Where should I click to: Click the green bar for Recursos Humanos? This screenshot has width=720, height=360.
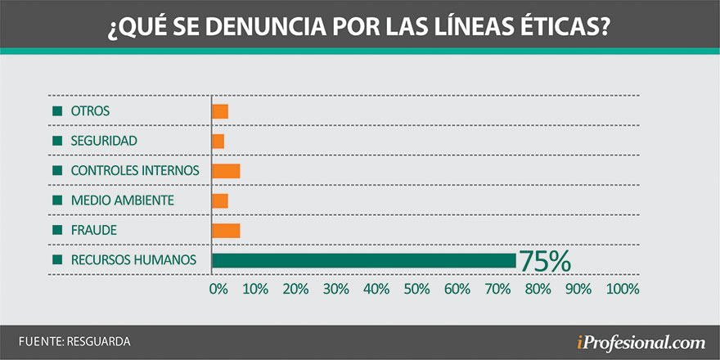pos(364,260)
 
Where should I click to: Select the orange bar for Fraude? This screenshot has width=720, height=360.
pos(226,231)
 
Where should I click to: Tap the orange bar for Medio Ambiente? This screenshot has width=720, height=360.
pos(220,200)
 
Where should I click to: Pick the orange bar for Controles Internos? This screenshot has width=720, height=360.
pos(226,171)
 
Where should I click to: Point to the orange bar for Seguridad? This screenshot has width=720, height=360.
pos(218,141)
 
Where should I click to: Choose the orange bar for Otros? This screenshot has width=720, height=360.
pos(220,111)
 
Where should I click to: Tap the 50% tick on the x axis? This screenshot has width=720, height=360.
pos(417,289)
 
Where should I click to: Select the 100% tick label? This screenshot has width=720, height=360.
pos(623,289)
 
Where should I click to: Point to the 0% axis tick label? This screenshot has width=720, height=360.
pos(218,289)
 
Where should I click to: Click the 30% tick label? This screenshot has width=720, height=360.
pos(336,289)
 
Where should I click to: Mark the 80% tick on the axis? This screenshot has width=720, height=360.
pos(538,289)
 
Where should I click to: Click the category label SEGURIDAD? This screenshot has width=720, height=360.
pos(104,141)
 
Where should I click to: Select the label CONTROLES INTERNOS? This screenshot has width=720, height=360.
pos(135,171)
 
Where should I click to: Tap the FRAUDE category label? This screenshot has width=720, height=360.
pos(93,231)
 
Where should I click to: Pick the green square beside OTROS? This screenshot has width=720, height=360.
pos(57,111)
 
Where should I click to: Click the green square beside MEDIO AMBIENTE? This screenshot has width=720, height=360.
pos(57,200)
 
